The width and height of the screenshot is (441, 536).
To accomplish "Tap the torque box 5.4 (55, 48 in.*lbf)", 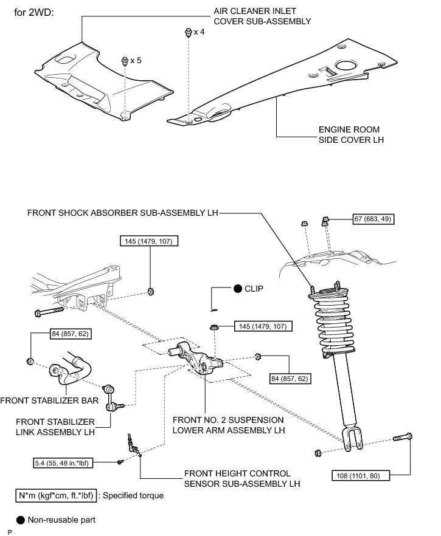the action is pos(63,463).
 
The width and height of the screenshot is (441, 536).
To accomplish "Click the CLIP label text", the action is pos(254,289).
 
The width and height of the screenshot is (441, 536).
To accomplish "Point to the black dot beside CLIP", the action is pos(238,289).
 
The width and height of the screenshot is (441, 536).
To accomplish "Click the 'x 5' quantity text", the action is pos(136,61).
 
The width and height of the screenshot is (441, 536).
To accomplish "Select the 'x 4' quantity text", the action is pos(199,32).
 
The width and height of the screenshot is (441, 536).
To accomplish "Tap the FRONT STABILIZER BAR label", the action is pos(49,400).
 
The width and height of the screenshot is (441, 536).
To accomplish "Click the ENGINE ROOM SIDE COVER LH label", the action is pos(351,135).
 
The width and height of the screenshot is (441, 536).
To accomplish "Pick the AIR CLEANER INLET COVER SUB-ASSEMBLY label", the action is pos(262,16).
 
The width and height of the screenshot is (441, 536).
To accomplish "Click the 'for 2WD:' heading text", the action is pos(34,13).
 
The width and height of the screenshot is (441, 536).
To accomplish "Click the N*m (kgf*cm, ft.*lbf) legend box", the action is pos(56,496).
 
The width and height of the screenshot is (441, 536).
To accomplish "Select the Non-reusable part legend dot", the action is pos(21,520).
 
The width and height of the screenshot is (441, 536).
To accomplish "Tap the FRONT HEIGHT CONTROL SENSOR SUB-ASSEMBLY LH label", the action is pos(242,479).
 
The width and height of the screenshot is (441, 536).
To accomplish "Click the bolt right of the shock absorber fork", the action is pos(403,437).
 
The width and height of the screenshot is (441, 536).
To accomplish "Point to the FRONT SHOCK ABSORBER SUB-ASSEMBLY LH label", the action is pos(122,213).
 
